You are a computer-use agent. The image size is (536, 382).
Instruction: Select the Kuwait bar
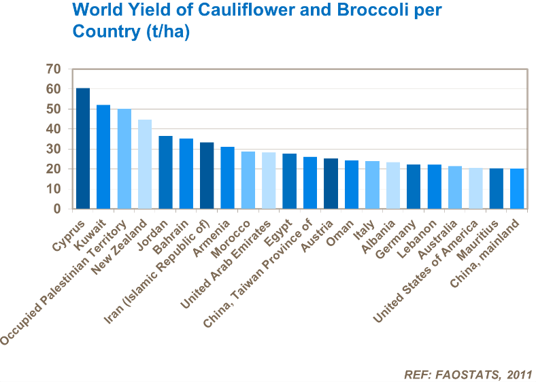[x=103, y=157]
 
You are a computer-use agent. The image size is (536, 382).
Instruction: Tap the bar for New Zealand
[x=145, y=164]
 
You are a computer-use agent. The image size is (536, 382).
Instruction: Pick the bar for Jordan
[x=165, y=173]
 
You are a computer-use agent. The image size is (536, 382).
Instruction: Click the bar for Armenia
[x=227, y=178]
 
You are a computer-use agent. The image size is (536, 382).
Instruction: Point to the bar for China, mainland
[x=517, y=189]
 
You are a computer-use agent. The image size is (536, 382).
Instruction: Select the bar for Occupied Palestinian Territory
[x=124, y=159]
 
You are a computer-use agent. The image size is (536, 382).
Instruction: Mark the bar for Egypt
[x=289, y=181]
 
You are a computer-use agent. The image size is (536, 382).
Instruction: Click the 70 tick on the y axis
[x=53, y=69]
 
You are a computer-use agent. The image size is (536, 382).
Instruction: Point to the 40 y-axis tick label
[x=53, y=129]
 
